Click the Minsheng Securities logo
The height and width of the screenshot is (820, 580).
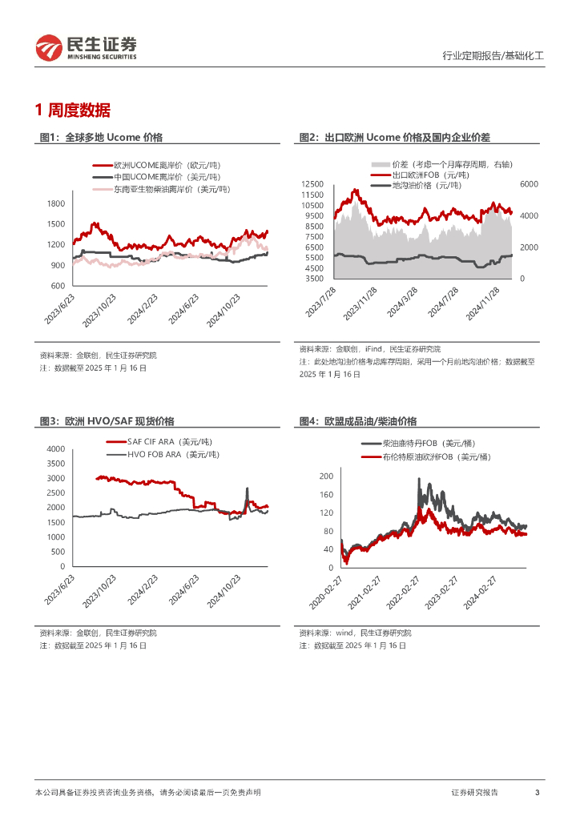click(86, 48)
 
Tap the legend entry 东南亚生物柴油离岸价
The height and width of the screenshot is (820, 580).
click(171, 189)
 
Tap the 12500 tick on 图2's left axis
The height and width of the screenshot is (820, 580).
click(312, 184)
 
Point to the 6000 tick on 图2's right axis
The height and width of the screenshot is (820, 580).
click(530, 184)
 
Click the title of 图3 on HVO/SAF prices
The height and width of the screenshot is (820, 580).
click(107, 421)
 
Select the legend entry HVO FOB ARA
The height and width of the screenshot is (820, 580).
click(167, 454)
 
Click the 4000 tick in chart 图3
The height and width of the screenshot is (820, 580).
click(55, 448)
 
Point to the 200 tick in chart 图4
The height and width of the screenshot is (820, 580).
click(326, 476)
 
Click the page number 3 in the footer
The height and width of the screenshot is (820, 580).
click(537, 792)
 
